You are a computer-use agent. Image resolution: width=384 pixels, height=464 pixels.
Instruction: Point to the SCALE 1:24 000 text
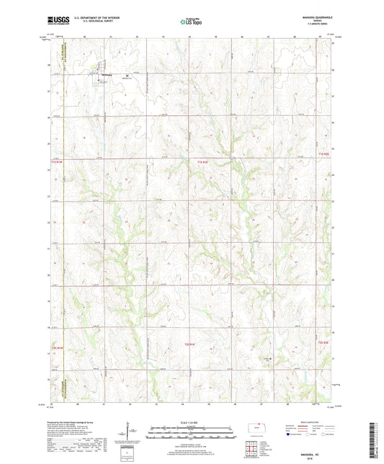point(191,422)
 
